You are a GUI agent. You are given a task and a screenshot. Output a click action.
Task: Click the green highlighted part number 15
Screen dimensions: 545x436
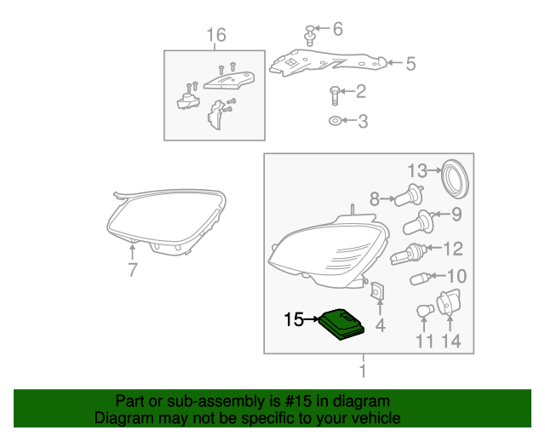[x=342, y=324]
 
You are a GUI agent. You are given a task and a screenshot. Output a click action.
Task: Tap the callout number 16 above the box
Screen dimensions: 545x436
[x=216, y=35]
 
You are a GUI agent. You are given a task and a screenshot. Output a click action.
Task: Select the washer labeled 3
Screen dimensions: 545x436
[x=335, y=121]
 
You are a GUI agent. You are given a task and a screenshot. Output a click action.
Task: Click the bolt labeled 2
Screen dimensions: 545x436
[x=334, y=95]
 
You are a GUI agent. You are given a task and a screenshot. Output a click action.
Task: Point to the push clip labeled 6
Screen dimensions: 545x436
[x=309, y=36]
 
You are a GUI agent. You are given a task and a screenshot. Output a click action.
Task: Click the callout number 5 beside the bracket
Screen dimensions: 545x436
[x=410, y=64]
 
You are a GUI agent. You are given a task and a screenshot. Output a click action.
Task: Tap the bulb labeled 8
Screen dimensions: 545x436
[x=409, y=195]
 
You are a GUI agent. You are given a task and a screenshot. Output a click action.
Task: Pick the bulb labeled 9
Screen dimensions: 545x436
[x=418, y=222]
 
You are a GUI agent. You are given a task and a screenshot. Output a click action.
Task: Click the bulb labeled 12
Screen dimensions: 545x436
[x=409, y=254]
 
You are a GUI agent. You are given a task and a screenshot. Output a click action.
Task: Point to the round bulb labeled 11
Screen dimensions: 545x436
[x=425, y=311]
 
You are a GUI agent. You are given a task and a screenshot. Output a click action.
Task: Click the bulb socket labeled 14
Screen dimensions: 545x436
[x=449, y=302]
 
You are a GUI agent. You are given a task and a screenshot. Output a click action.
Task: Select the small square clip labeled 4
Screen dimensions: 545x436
[x=377, y=291]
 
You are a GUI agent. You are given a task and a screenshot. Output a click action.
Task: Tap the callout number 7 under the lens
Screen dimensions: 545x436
[x=133, y=269]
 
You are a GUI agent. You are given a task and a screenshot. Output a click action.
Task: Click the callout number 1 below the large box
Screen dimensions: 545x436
[x=364, y=371]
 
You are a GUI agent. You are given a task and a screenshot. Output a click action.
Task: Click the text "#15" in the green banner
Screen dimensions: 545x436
[x=297, y=401]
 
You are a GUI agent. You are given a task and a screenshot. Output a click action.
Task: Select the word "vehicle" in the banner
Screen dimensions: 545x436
[x=376, y=418]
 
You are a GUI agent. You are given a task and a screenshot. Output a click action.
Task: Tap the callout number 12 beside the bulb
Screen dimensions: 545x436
[x=453, y=249]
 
